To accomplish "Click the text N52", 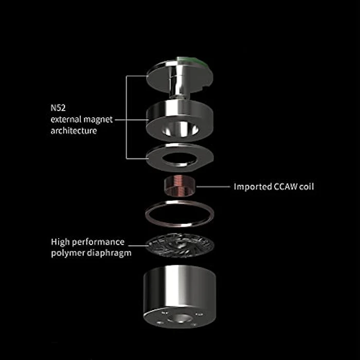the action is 58,107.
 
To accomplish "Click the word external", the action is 65,119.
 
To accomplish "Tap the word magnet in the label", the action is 98,120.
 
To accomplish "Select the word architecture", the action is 74,131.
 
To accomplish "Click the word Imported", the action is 253,187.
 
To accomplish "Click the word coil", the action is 307,186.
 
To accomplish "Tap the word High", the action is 60,242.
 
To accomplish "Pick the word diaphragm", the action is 109,253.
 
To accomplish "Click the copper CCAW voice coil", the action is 180,186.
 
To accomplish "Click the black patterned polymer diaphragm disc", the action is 180,245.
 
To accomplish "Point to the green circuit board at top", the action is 193,61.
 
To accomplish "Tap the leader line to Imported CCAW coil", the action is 213,187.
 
